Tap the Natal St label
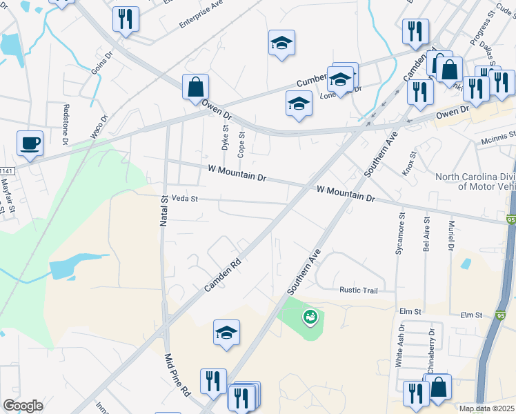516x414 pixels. tap(165, 206)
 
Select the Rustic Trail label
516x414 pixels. tap(359, 290)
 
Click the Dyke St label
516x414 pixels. tap(225, 137)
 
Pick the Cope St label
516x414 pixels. tap(241, 143)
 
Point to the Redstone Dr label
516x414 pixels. tap(66, 124)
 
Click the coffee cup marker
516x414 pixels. tap(30, 144)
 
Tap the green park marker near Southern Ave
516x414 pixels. tap(310, 317)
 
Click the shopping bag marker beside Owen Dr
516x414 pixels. tap(195, 87)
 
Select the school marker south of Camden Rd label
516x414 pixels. tap(226, 333)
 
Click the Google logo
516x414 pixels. tap(23, 406)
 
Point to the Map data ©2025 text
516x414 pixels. tap(486, 408)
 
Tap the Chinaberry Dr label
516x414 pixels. tap(431, 351)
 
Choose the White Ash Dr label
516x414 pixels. tap(399, 346)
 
